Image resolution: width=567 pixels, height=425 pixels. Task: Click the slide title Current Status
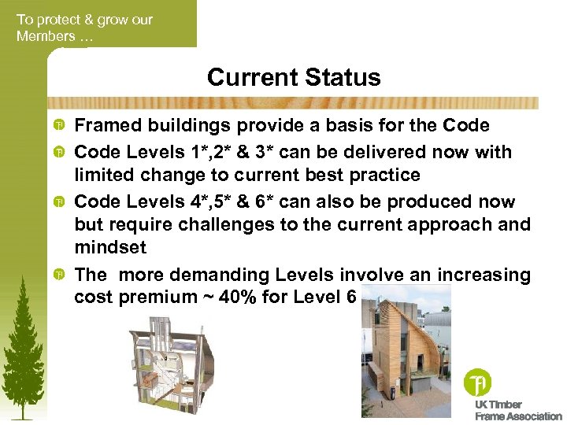(294, 78)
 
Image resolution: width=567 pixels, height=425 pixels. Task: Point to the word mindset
(109, 248)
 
